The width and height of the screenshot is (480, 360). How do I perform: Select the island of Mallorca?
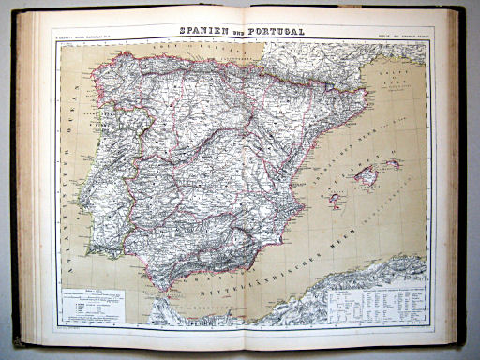coord(364,174)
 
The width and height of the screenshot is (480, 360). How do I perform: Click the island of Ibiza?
coord(334,199)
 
